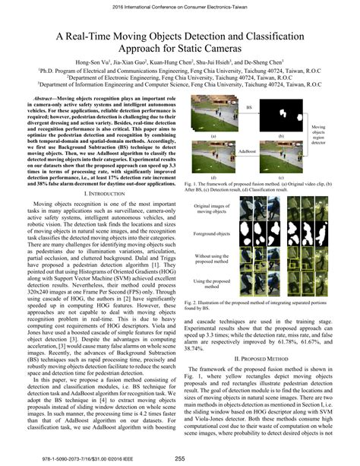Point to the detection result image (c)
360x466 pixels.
281,156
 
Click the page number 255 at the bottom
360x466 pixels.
180,458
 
